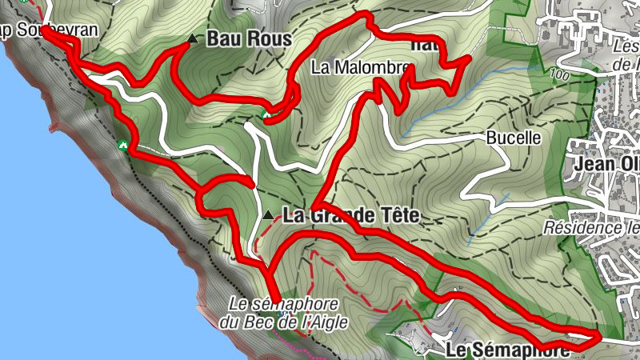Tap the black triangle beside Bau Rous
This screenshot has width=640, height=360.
[x=190, y=38]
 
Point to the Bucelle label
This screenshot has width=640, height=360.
[x=514, y=138]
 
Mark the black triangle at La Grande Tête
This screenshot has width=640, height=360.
[x=269, y=216]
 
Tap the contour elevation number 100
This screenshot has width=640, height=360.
[x=559, y=75]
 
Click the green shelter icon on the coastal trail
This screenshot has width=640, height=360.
[x=122, y=145]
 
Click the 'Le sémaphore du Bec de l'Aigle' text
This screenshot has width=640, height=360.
[x=283, y=314]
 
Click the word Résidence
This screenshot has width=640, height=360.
[x=579, y=227]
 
